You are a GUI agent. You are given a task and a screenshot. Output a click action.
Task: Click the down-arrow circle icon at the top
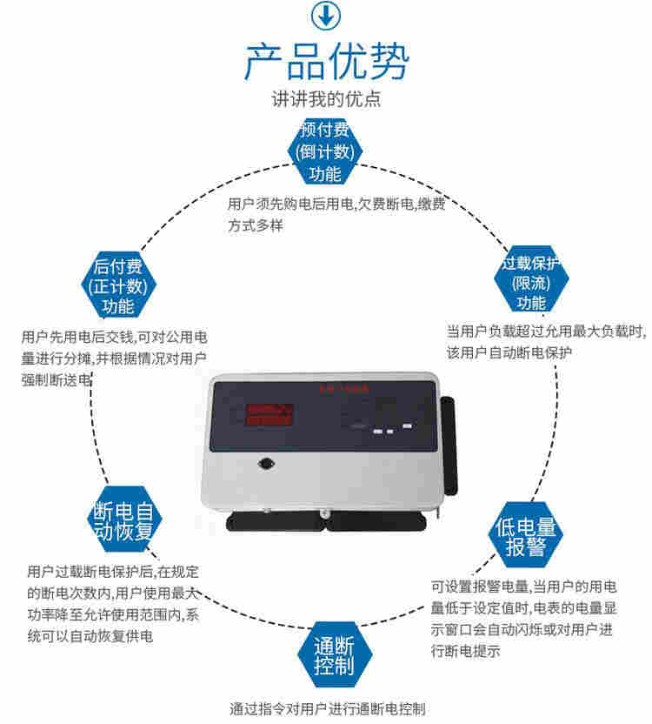pos(326,15)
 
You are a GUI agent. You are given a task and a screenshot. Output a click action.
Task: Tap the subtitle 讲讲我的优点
pos(326,98)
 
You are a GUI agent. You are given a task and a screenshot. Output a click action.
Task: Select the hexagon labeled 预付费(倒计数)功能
pos(325,151)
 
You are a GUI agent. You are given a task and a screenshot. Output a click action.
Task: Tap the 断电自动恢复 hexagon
pos(124,519)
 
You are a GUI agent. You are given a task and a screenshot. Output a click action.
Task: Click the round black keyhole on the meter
pos(263,465)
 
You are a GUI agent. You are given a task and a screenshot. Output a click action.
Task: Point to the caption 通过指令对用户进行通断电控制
pos(327,708)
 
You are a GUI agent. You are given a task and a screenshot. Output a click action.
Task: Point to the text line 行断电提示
pos(466,653)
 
